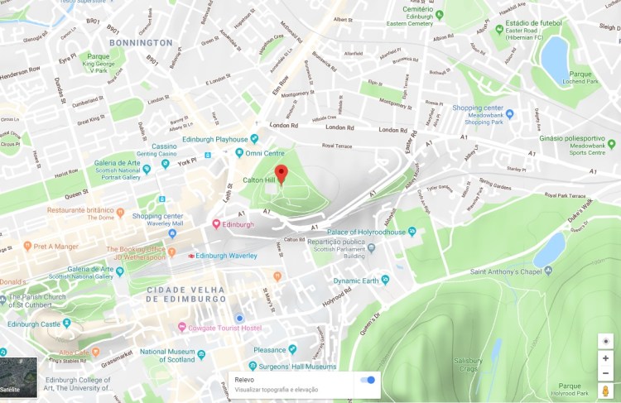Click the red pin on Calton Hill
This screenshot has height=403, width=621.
point(281,173)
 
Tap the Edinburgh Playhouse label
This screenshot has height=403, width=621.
point(215,140)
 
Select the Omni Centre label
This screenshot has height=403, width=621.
point(264,153)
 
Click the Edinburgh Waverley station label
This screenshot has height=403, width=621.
point(226,256)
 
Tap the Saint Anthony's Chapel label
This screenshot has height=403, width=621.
point(511,271)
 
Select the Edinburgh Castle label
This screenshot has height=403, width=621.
point(34,324)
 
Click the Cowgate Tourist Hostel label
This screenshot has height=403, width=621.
point(226,328)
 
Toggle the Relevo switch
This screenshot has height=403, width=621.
point(368,380)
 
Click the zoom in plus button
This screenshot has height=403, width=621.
point(606,358)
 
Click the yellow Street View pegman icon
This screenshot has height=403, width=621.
point(606,390)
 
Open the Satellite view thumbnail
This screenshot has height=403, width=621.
point(18,375)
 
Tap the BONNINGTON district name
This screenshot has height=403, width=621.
point(140,42)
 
